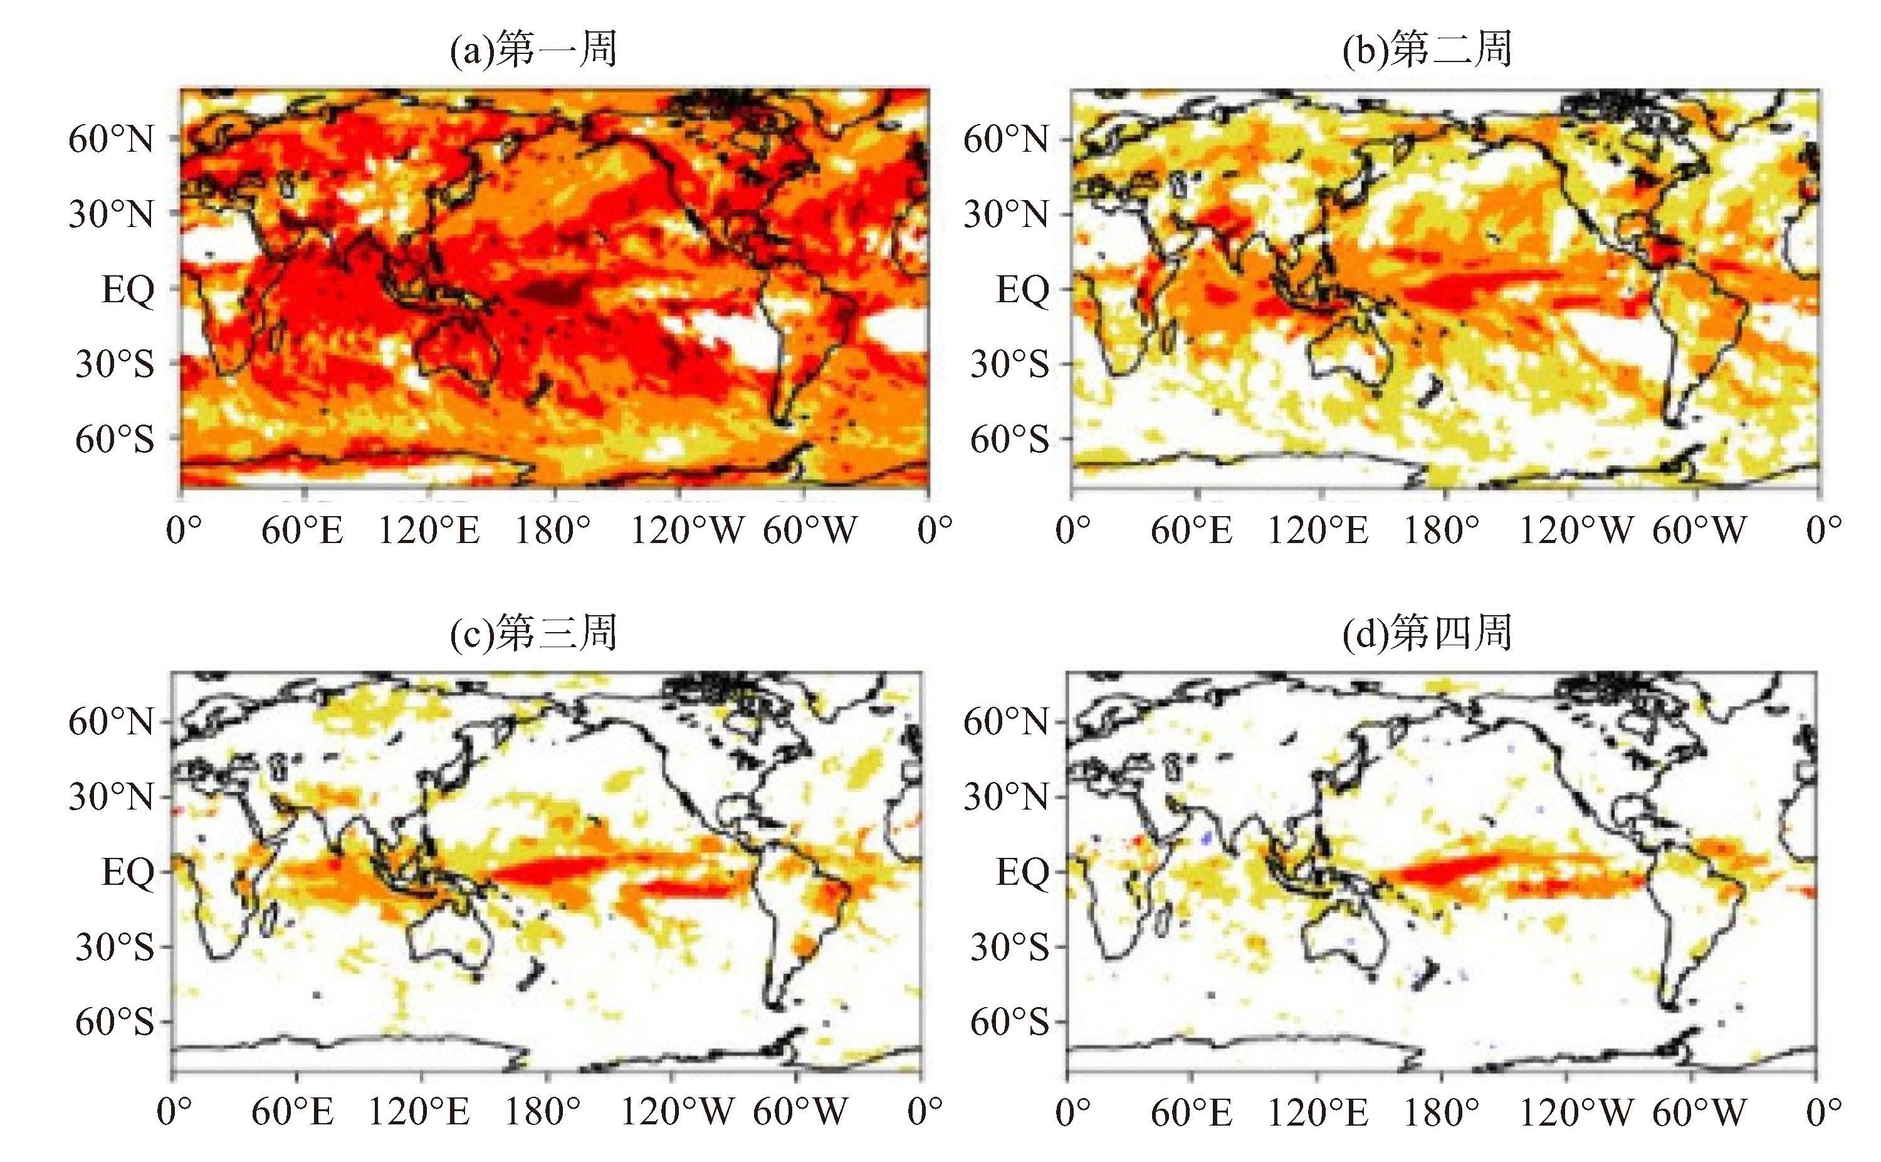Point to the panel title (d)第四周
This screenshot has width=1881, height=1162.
pos(1427,633)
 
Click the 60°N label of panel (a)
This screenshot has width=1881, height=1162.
pos(112,140)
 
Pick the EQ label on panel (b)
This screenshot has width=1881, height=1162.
pos(1022,290)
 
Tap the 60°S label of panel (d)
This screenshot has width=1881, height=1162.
pos(1009,1022)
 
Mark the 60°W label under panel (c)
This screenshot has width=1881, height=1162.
pos(800,1112)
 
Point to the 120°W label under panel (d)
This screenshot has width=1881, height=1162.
pos(1576,1112)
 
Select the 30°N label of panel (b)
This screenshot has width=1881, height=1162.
pos(1006,214)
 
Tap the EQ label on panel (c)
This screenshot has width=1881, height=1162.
pos(127,873)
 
